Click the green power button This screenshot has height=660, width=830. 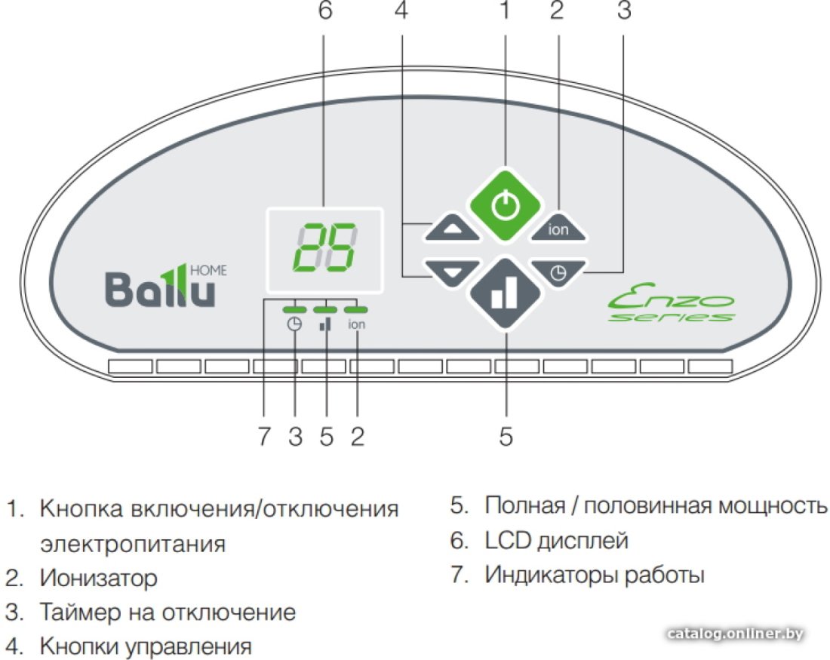pyautogui.click(x=506, y=205)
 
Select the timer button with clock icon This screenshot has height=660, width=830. pyautogui.click(x=558, y=272)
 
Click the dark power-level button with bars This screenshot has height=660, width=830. pyautogui.click(x=506, y=294)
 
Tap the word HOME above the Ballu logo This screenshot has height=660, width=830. pyautogui.click(x=208, y=271)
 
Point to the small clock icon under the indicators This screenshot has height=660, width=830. pyautogui.click(x=294, y=324)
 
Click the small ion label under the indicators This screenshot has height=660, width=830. pyautogui.click(x=356, y=324)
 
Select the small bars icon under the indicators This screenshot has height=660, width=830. pyautogui.click(x=325, y=324)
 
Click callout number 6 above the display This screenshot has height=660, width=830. pyautogui.click(x=325, y=11)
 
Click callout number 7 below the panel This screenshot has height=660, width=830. pyautogui.click(x=264, y=437)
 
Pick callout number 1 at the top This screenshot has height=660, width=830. pyautogui.click(x=505, y=10)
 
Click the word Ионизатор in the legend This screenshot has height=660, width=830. pyautogui.click(x=98, y=578)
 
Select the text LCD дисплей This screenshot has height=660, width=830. pyautogui.click(x=556, y=540)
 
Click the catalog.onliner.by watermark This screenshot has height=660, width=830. pyautogui.click(x=735, y=634)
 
